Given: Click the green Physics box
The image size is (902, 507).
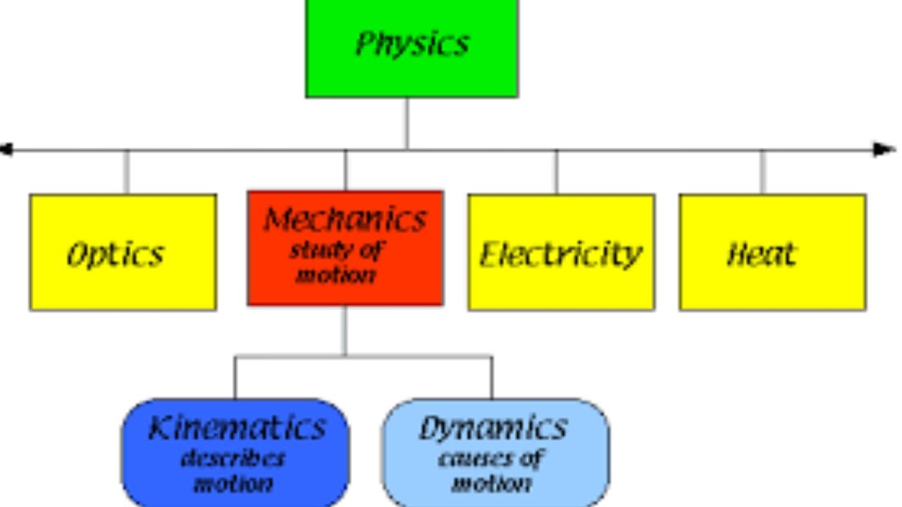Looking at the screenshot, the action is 412,49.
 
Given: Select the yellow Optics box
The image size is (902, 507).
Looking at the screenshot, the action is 123,252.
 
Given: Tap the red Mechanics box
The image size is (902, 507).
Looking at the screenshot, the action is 345,249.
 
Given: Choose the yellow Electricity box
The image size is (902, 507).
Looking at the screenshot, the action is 562,252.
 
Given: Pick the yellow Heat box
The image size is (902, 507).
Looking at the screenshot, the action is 773,252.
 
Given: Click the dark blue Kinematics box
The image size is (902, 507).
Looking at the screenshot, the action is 235,453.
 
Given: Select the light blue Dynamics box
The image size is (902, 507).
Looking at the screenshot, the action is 495,453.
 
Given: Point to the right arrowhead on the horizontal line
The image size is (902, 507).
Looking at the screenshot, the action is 884,150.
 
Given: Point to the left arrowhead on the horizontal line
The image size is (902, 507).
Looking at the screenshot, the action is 6,150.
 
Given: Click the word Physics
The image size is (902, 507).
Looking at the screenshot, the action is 412,44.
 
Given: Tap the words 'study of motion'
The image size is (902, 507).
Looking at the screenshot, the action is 337,263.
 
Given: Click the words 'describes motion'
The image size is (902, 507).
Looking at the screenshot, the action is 233,471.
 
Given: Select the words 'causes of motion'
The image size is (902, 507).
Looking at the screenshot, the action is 491,471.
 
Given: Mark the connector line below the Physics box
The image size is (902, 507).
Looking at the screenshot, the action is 407,123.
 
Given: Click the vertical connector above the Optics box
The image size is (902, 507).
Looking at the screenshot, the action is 126,173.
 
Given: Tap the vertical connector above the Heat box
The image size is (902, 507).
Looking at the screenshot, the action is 762,173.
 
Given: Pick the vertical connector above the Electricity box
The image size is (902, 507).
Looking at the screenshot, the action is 557,173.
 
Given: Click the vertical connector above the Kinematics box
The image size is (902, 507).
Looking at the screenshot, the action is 235,377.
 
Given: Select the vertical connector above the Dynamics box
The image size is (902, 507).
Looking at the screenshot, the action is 492,377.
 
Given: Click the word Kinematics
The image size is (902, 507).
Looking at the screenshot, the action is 237,427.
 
